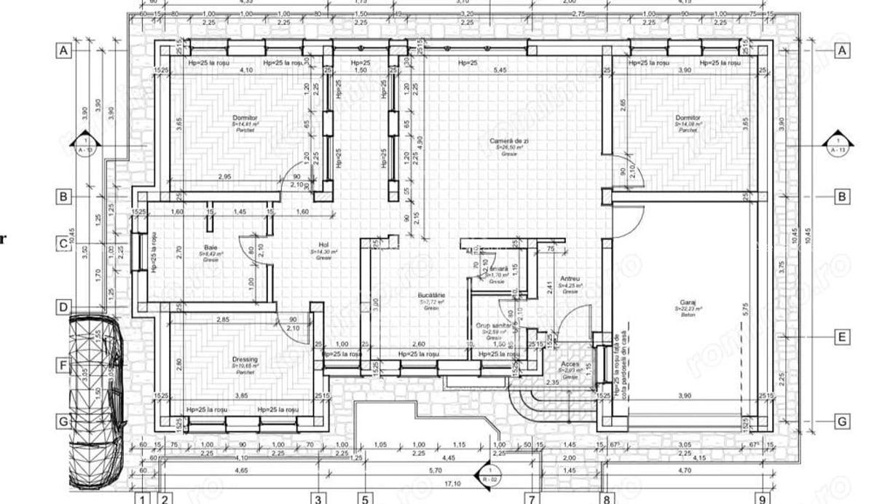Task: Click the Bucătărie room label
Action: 431,295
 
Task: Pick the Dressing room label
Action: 245,359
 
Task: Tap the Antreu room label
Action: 570,279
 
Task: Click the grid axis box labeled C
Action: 64,244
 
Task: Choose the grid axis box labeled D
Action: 64,307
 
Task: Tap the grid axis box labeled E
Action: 842,336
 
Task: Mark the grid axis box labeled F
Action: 64,364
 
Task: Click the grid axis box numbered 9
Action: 763,499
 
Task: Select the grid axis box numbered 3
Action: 318,499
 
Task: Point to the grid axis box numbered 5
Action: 365,499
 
